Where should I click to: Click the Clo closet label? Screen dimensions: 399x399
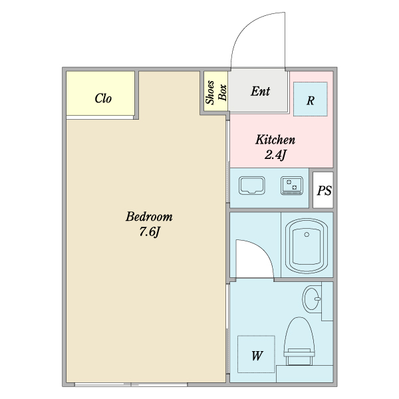click(x=103, y=98)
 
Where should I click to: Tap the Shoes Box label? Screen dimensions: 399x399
click(x=215, y=92)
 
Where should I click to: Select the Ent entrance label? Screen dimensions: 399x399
click(x=260, y=91)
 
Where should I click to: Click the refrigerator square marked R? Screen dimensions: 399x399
click(x=310, y=99)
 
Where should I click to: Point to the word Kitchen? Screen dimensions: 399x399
click(x=275, y=140)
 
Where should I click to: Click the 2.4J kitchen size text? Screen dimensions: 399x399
click(x=275, y=154)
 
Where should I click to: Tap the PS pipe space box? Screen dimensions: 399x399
click(x=323, y=190)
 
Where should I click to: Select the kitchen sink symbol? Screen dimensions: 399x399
click(x=251, y=186)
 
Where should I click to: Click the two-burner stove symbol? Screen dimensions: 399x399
click(x=292, y=186)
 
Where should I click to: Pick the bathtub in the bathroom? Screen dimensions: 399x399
click(x=307, y=246)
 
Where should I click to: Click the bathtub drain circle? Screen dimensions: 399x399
click(x=307, y=234)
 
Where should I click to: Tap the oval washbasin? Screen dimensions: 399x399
click(x=312, y=299)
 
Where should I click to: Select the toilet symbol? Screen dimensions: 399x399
click(x=299, y=341)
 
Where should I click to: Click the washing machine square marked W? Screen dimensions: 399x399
click(x=256, y=354)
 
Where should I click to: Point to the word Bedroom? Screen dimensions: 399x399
click(x=149, y=217)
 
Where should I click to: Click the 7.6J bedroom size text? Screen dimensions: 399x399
click(x=149, y=231)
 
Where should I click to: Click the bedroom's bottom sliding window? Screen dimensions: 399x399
click(x=131, y=384)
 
